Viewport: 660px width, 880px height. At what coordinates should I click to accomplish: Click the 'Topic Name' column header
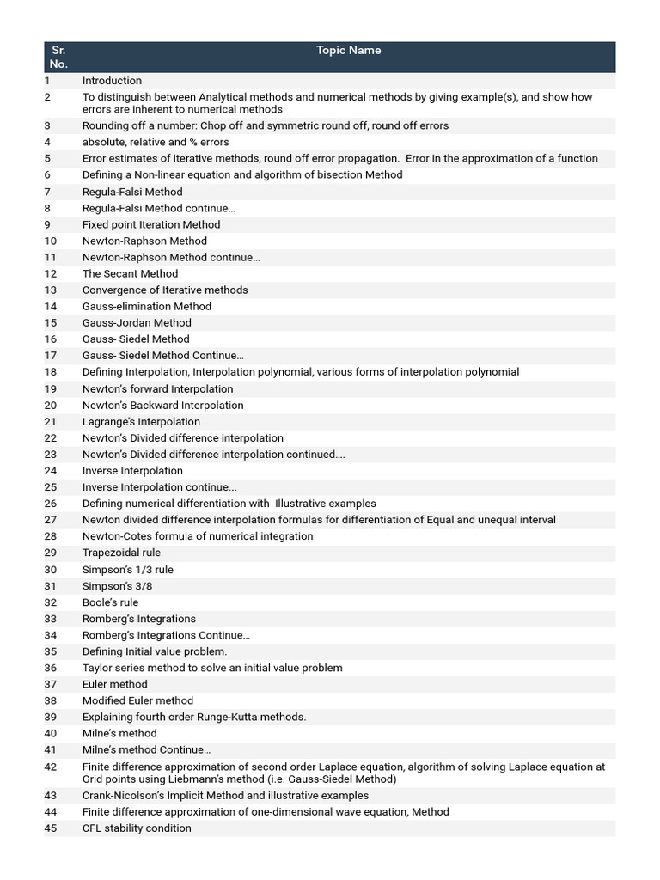[348, 51]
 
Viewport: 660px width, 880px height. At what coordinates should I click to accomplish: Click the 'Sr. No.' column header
[58, 57]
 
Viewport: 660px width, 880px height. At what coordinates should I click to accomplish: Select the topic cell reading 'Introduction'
[112, 81]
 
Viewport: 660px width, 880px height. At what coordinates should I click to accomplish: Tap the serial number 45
[51, 828]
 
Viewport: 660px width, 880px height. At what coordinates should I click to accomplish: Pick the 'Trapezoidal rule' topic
[121, 553]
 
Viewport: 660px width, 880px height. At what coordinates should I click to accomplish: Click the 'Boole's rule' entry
[110, 602]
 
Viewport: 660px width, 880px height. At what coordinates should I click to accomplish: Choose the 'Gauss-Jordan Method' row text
[137, 322]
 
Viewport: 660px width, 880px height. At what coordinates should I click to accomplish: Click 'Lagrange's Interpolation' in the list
[141, 422]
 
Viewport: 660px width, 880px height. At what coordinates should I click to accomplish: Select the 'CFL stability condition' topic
[137, 828]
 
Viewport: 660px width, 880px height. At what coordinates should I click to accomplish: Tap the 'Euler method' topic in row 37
[114, 684]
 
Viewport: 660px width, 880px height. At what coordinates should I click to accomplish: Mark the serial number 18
[51, 372]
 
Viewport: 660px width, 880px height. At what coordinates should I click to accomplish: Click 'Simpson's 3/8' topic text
[117, 586]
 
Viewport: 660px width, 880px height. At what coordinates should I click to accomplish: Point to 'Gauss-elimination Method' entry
[147, 306]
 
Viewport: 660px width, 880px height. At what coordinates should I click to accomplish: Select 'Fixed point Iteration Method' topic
[151, 224]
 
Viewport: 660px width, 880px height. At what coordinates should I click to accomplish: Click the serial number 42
[51, 767]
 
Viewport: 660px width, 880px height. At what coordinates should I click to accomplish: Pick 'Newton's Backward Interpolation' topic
[162, 405]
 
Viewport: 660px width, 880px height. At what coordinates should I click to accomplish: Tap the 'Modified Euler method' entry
[137, 700]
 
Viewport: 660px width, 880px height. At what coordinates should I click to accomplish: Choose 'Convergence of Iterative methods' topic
[165, 290]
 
